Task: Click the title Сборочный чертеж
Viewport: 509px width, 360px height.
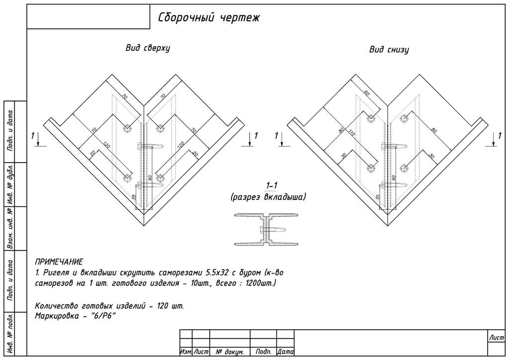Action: click(209, 18)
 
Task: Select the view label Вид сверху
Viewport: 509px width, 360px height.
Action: click(148, 48)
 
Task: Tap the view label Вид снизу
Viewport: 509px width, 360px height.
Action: click(389, 50)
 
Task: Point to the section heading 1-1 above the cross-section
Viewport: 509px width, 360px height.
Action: click(271, 186)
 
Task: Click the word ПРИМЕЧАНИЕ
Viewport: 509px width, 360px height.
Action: click(59, 262)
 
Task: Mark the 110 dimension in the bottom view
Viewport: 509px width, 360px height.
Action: click(351, 133)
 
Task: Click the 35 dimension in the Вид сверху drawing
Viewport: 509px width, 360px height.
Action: click(134, 197)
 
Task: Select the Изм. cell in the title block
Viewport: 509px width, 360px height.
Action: click(185, 352)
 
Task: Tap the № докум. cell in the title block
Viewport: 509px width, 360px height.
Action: click(229, 352)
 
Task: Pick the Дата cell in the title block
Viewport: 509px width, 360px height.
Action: click(285, 352)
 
